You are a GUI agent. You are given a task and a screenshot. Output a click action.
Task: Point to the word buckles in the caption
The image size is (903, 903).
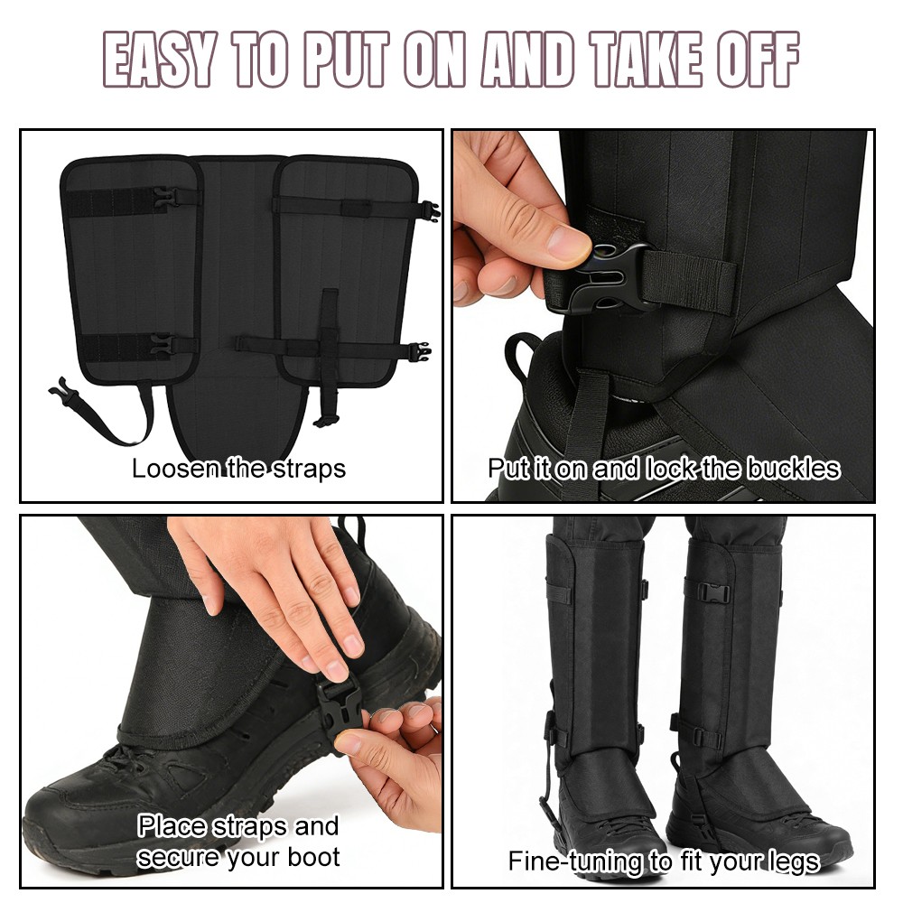(x=791, y=469)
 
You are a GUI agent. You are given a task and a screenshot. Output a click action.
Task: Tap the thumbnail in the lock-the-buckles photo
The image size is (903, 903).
(x=568, y=241)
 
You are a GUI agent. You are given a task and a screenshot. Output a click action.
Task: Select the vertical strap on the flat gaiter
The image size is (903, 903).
(x=330, y=352)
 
